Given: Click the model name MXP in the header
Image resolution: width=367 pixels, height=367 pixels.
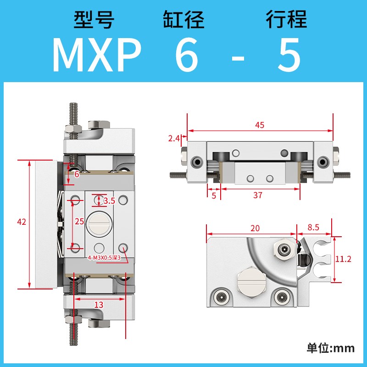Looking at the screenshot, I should click(x=96, y=56).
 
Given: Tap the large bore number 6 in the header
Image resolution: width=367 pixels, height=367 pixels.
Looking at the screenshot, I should click(x=187, y=56).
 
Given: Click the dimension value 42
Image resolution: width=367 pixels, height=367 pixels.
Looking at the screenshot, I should click(x=22, y=222).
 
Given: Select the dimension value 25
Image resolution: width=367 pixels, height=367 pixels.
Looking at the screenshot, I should click(x=79, y=222).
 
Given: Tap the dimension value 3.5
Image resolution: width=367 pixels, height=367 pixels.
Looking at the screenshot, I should click(x=109, y=200).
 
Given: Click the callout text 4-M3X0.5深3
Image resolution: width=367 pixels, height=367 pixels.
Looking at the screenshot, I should click(x=104, y=258).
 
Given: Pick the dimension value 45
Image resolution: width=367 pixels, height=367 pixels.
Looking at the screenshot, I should click(x=259, y=125).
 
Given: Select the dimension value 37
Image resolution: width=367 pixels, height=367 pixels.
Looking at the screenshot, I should click(x=258, y=195).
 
